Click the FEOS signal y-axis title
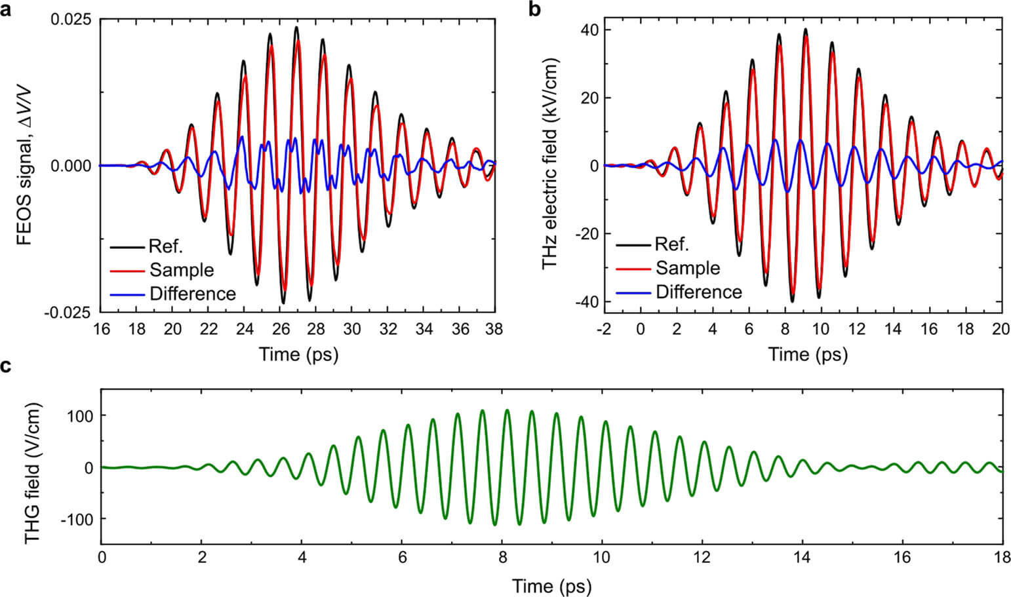[25, 166]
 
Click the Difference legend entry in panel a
[192, 294]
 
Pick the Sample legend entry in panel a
[182, 270]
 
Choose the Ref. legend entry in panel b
[672, 244]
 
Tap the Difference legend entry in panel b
[698, 292]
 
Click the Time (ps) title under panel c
[551, 585]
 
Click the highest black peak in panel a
[296, 28]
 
